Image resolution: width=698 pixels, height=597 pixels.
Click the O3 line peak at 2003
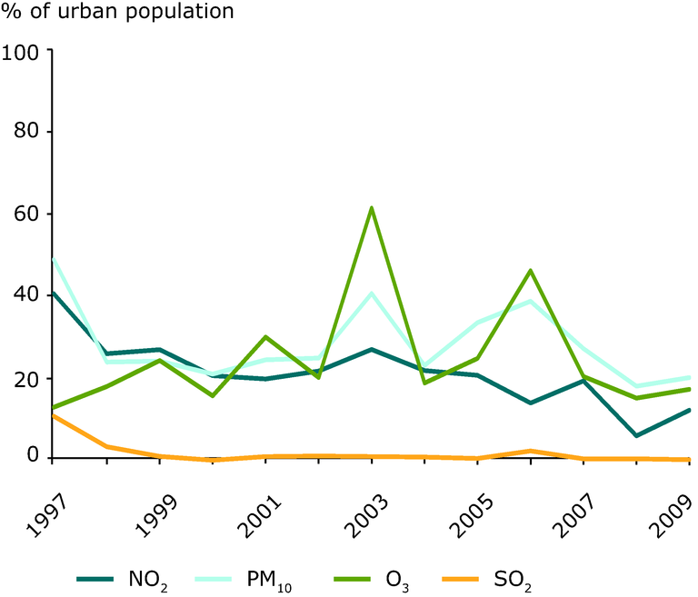tap(372, 208)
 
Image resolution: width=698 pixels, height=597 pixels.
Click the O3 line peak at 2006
tap(531, 271)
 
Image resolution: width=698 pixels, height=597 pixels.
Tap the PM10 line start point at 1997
tap(53, 259)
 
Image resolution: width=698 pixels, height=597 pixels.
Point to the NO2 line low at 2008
tap(637, 435)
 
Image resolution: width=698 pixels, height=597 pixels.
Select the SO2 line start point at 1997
tap(53, 415)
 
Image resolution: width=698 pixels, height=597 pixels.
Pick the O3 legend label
tap(397, 577)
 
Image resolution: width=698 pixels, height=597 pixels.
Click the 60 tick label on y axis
tap(26, 214)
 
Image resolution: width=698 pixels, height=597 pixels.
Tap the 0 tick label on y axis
tap(34, 457)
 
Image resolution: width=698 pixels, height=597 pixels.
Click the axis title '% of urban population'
tap(117, 13)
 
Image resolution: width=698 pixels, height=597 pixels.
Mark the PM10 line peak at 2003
tap(372, 293)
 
